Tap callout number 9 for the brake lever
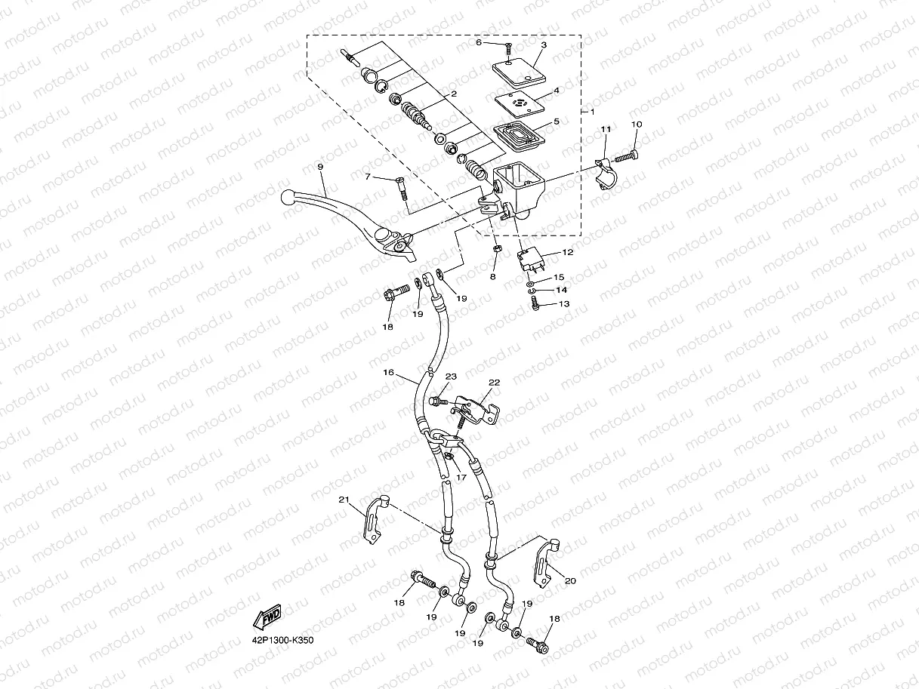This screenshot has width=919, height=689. [320, 166]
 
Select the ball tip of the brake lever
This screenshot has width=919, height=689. [288, 197]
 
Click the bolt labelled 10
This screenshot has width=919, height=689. [624, 156]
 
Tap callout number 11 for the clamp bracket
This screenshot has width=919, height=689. [605, 131]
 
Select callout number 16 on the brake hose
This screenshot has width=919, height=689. [389, 372]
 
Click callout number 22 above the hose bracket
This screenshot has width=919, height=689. [494, 383]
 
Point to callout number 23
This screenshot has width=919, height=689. [451, 376]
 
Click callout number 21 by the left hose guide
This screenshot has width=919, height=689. [344, 500]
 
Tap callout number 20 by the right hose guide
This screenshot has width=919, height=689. [569, 580]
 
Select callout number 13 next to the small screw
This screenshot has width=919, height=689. [563, 304]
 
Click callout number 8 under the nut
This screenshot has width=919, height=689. [492, 277]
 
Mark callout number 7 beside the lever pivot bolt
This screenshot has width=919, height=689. [368, 177]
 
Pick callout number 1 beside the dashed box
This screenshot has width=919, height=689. [592, 112]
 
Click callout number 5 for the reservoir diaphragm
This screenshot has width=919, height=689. [556, 121]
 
